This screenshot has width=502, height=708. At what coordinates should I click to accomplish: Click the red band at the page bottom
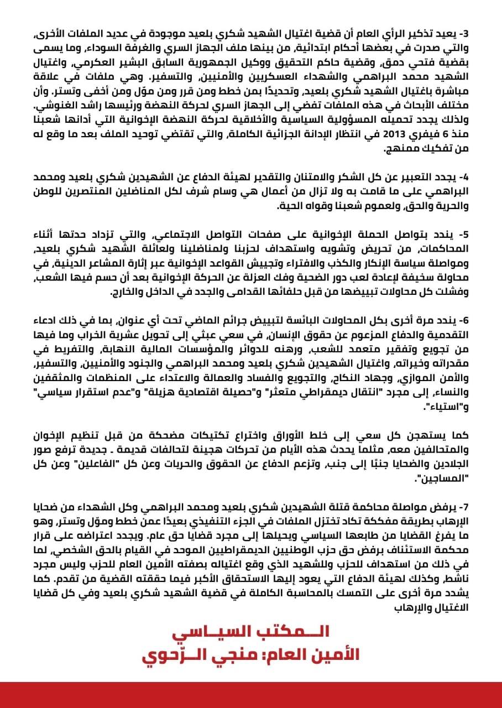coord(250,695)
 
